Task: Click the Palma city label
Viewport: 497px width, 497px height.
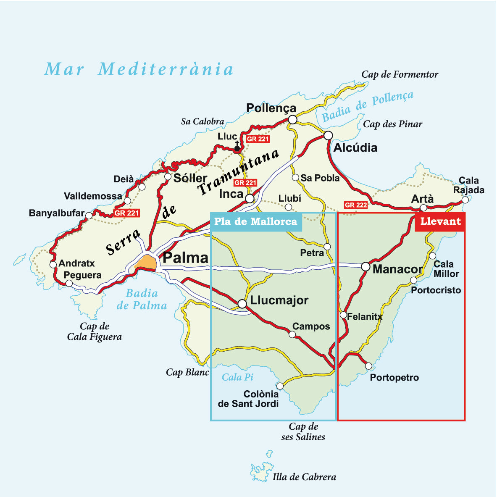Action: point(185,258)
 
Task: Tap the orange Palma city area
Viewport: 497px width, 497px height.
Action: point(146,262)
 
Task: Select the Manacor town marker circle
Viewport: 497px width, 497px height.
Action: point(366,266)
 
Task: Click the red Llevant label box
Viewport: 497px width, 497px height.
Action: point(440,221)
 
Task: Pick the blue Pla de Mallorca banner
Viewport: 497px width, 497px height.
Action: point(255,221)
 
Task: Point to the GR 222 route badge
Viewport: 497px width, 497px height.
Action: point(355,205)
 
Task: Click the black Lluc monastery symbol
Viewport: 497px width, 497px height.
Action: point(237,147)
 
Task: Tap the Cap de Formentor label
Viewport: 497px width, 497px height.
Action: point(400,75)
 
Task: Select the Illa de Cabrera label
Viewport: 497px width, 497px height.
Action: point(304,477)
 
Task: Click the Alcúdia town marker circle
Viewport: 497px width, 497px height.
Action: point(328,135)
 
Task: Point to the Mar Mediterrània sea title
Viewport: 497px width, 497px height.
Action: point(139,69)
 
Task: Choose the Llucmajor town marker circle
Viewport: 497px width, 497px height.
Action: point(242,303)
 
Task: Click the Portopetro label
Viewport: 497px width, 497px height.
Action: point(394,378)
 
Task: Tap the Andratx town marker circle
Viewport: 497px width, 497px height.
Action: point(53,265)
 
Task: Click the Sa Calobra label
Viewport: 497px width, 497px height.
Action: point(202,121)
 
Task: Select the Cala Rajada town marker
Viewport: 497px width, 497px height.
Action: point(465,201)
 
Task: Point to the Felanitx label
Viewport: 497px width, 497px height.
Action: point(365,317)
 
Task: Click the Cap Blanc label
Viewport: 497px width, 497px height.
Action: point(187,372)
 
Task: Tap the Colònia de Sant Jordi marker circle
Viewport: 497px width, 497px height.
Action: point(280,385)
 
